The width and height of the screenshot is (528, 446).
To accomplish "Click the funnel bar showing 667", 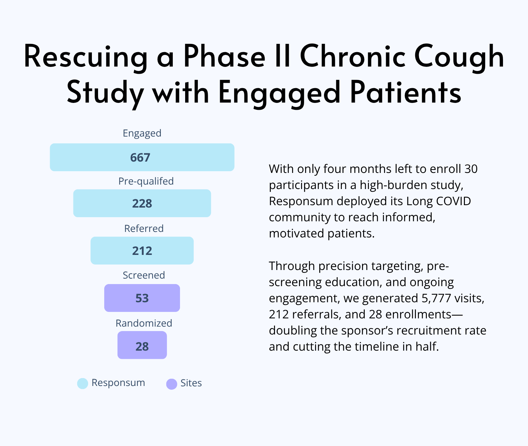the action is pyautogui.click(x=142, y=157).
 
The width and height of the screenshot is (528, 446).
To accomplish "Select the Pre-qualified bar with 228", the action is pyautogui.click(x=142, y=203).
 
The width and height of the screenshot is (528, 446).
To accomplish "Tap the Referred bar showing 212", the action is pyautogui.click(x=142, y=250).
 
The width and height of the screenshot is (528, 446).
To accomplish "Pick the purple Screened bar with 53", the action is pyautogui.click(x=142, y=298).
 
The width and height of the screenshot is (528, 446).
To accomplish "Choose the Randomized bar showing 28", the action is pyautogui.click(x=142, y=345).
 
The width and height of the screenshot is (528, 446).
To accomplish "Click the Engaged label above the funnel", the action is pyautogui.click(x=142, y=133).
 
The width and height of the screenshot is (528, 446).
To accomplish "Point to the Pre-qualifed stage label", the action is pyautogui.click(x=146, y=181).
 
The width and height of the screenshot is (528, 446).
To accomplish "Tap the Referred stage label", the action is pyautogui.click(x=144, y=228).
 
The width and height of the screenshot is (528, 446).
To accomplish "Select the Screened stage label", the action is pyautogui.click(x=144, y=275).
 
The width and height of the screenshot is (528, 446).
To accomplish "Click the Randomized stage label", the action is pyautogui.click(x=144, y=323).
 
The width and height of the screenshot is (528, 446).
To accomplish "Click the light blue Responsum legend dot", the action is pyautogui.click(x=82, y=384).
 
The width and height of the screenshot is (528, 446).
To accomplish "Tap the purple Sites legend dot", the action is pyautogui.click(x=171, y=384).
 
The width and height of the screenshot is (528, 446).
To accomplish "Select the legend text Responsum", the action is pyautogui.click(x=118, y=383).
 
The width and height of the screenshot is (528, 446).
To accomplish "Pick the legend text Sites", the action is pyautogui.click(x=191, y=383).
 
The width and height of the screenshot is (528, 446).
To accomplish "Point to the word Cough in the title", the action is pyautogui.click(x=459, y=57).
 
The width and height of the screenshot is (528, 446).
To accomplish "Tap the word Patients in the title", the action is pyautogui.click(x=406, y=92).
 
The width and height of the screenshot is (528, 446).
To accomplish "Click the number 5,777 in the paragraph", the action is pyautogui.click(x=436, y=298).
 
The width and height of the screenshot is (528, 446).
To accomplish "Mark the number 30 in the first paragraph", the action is pyautogui.click(x=471, y=169).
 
